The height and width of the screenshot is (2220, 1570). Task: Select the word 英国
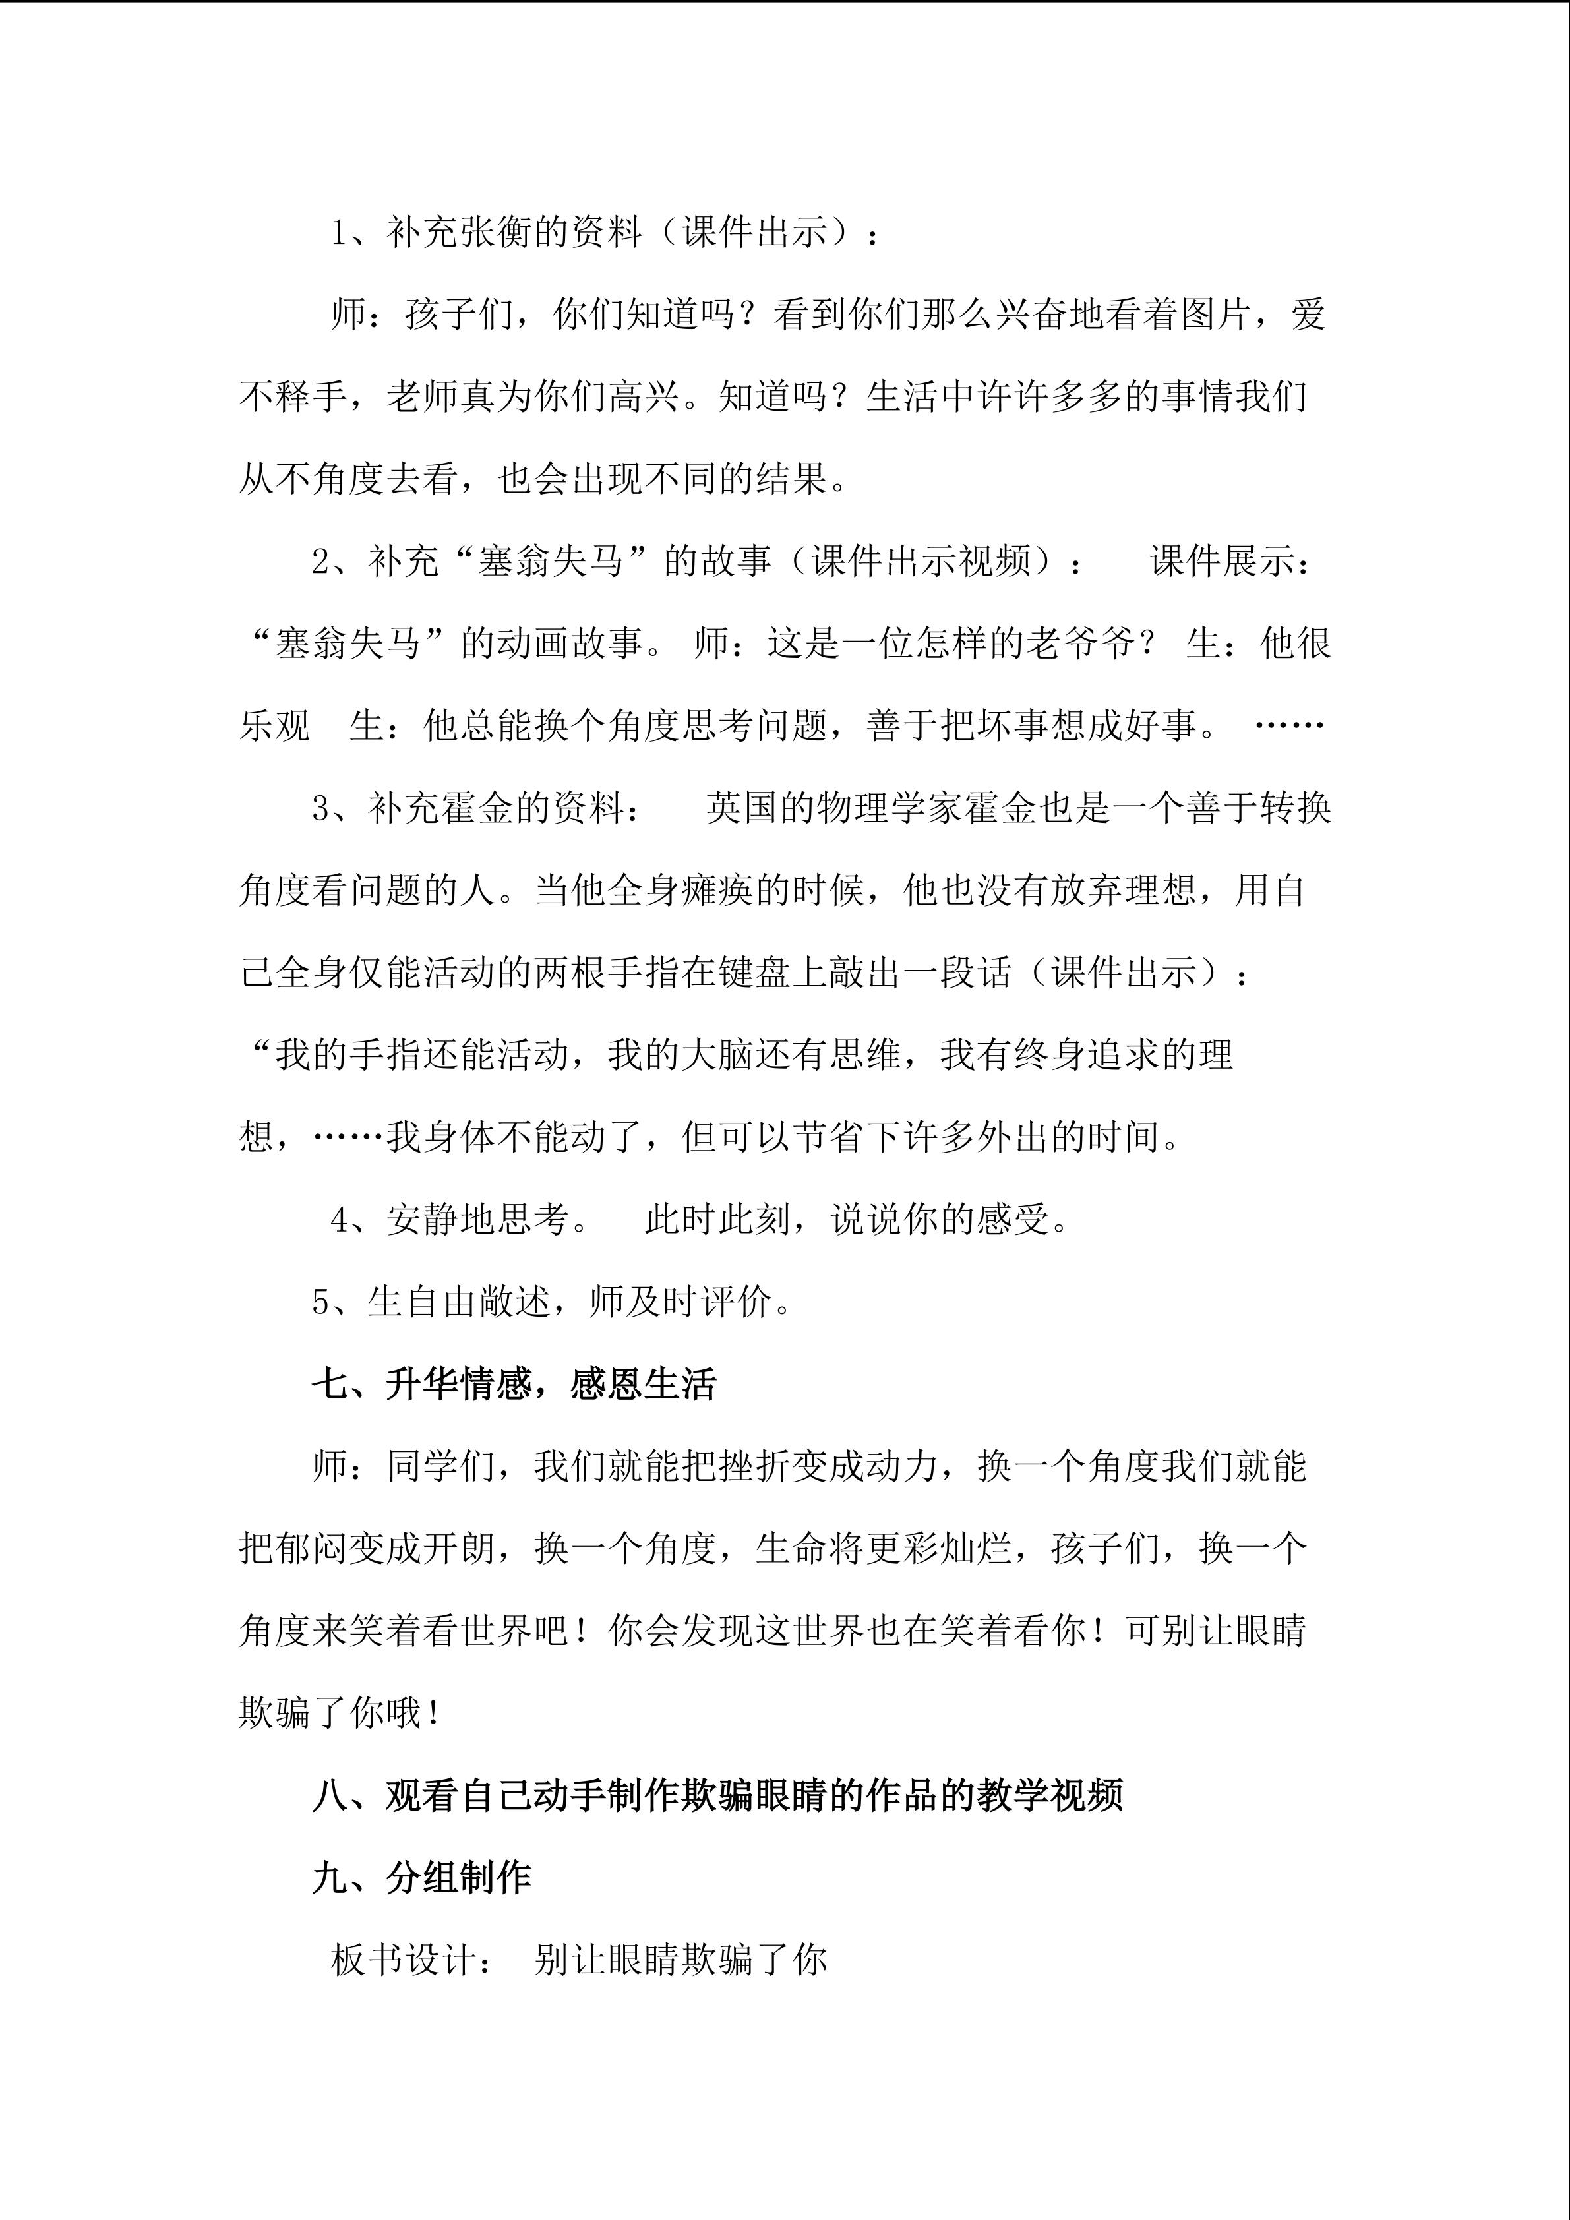tap(742, 807)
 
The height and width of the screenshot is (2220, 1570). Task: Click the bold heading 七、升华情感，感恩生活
tap(514, 1385)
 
